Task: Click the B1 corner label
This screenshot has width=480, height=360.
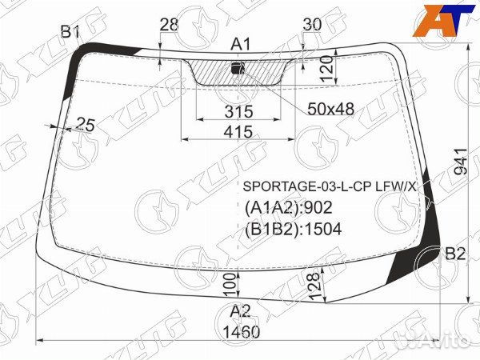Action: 70,31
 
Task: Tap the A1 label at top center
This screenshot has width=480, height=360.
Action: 240,44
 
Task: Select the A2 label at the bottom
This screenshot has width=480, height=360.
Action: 240,311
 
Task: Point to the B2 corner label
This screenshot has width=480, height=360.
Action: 455,254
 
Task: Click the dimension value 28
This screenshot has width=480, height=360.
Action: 169,25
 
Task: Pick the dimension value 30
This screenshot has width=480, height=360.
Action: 312,25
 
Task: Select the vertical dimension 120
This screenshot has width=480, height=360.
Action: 327,69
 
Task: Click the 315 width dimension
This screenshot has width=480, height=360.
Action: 238,111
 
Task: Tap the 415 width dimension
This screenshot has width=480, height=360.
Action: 238,132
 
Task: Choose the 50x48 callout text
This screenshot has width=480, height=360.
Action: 331,109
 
